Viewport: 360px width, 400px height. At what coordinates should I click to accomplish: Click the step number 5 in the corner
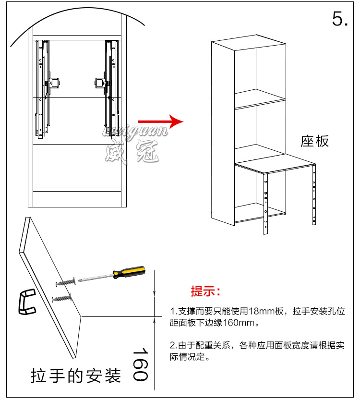(x=339, y=19)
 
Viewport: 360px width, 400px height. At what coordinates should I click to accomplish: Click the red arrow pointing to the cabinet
(x=161, y=121)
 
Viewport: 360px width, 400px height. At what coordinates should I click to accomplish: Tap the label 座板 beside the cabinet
(x=315, y=141)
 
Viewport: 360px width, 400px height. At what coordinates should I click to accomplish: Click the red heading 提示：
(x=206, y=291)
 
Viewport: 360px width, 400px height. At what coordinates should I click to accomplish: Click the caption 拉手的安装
(x=75, y=376)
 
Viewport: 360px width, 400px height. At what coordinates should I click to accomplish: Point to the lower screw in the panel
(x=62, y=299)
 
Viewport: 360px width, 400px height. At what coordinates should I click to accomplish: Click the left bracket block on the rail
(x=54, y=83)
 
